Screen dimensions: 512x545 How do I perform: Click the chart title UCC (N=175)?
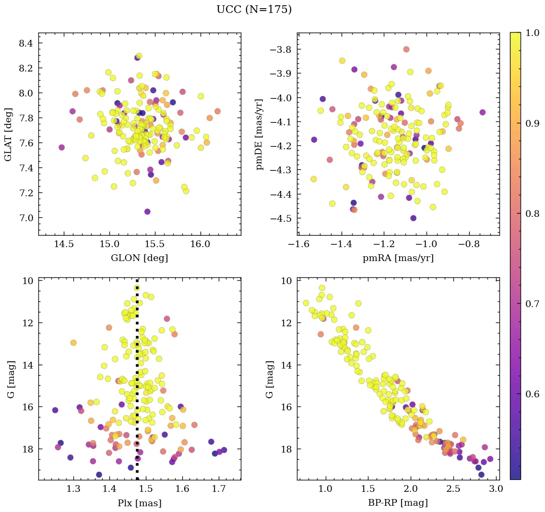254,10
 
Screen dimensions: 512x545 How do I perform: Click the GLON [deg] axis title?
139,258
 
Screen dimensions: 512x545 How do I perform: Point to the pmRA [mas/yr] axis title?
398,258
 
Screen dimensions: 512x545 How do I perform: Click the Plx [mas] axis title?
139,503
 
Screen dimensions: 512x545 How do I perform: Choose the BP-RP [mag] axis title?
398,503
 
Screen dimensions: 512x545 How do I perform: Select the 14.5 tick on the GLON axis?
64,244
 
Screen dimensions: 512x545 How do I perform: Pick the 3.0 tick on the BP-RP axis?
496,489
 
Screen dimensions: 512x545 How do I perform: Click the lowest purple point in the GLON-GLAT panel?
147,212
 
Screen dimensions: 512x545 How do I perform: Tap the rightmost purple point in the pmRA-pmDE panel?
482,112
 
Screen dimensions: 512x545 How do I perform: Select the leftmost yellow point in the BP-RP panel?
306,303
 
